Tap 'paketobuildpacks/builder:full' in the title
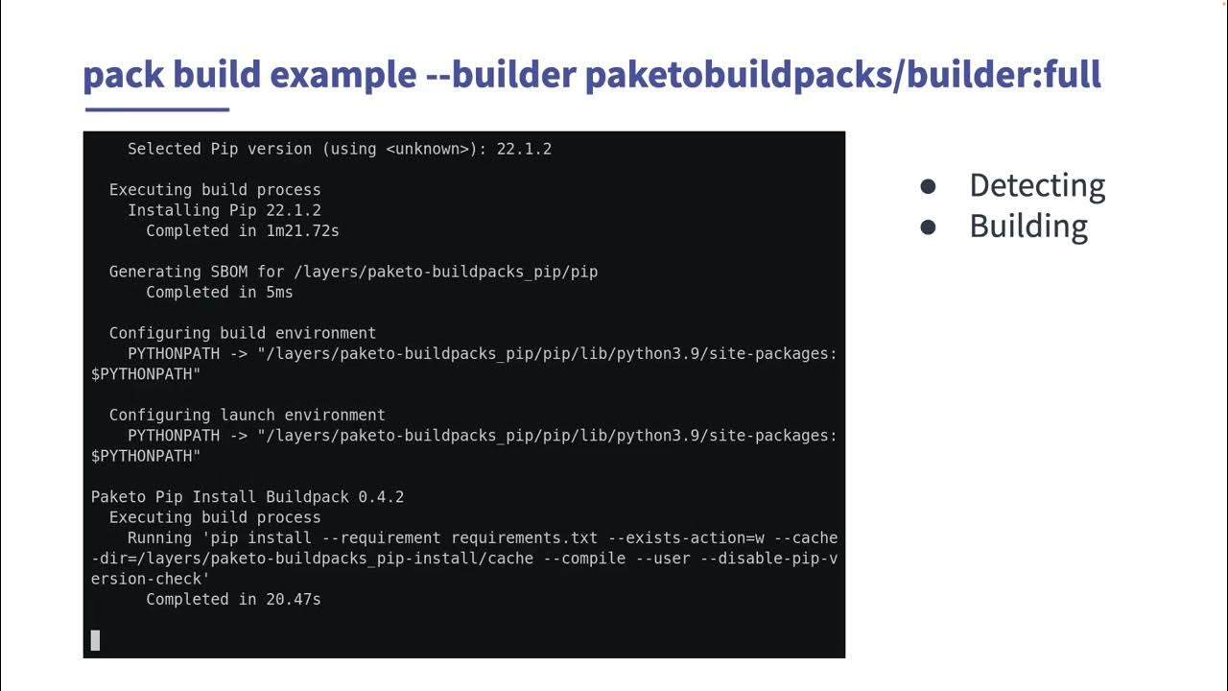(842, 75)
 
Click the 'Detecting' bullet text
(1037, 185)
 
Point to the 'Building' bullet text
(1028, 226)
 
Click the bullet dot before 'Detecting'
(928, 187)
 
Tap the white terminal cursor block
(95, 640)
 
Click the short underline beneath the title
(156, 109)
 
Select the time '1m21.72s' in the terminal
(302, 230)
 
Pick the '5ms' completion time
(279, 292)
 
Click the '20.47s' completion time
(293, 599)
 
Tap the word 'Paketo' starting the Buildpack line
(118, 497)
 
